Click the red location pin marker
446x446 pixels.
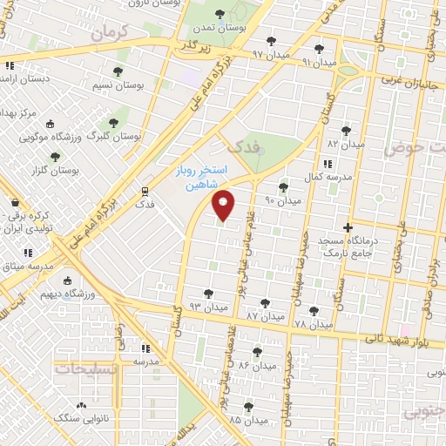pyautogui.click(x=224, y=204)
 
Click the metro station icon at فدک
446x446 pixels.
pyautogui.click(x=145, y=190)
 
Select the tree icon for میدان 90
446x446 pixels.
pyautogui.click(x=282, y=187)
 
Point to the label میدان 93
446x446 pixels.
pyautogui.click(x=208, y=307)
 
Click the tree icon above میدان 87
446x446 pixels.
pyautogui.click(x=265, y=303)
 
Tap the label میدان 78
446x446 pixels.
pyautogui.click(x=314, y=325)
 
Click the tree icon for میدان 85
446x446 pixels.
pyautogui.click(x=248, y=407)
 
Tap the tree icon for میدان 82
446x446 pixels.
pyautogui.click(x=347, y=131)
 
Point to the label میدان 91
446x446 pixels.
pyautogui.click(x=319, y=63)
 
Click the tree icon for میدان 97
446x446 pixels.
pyautogui.click(x=271, y=41)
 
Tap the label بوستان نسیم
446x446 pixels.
pyautogui.click(x=118, y=85)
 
